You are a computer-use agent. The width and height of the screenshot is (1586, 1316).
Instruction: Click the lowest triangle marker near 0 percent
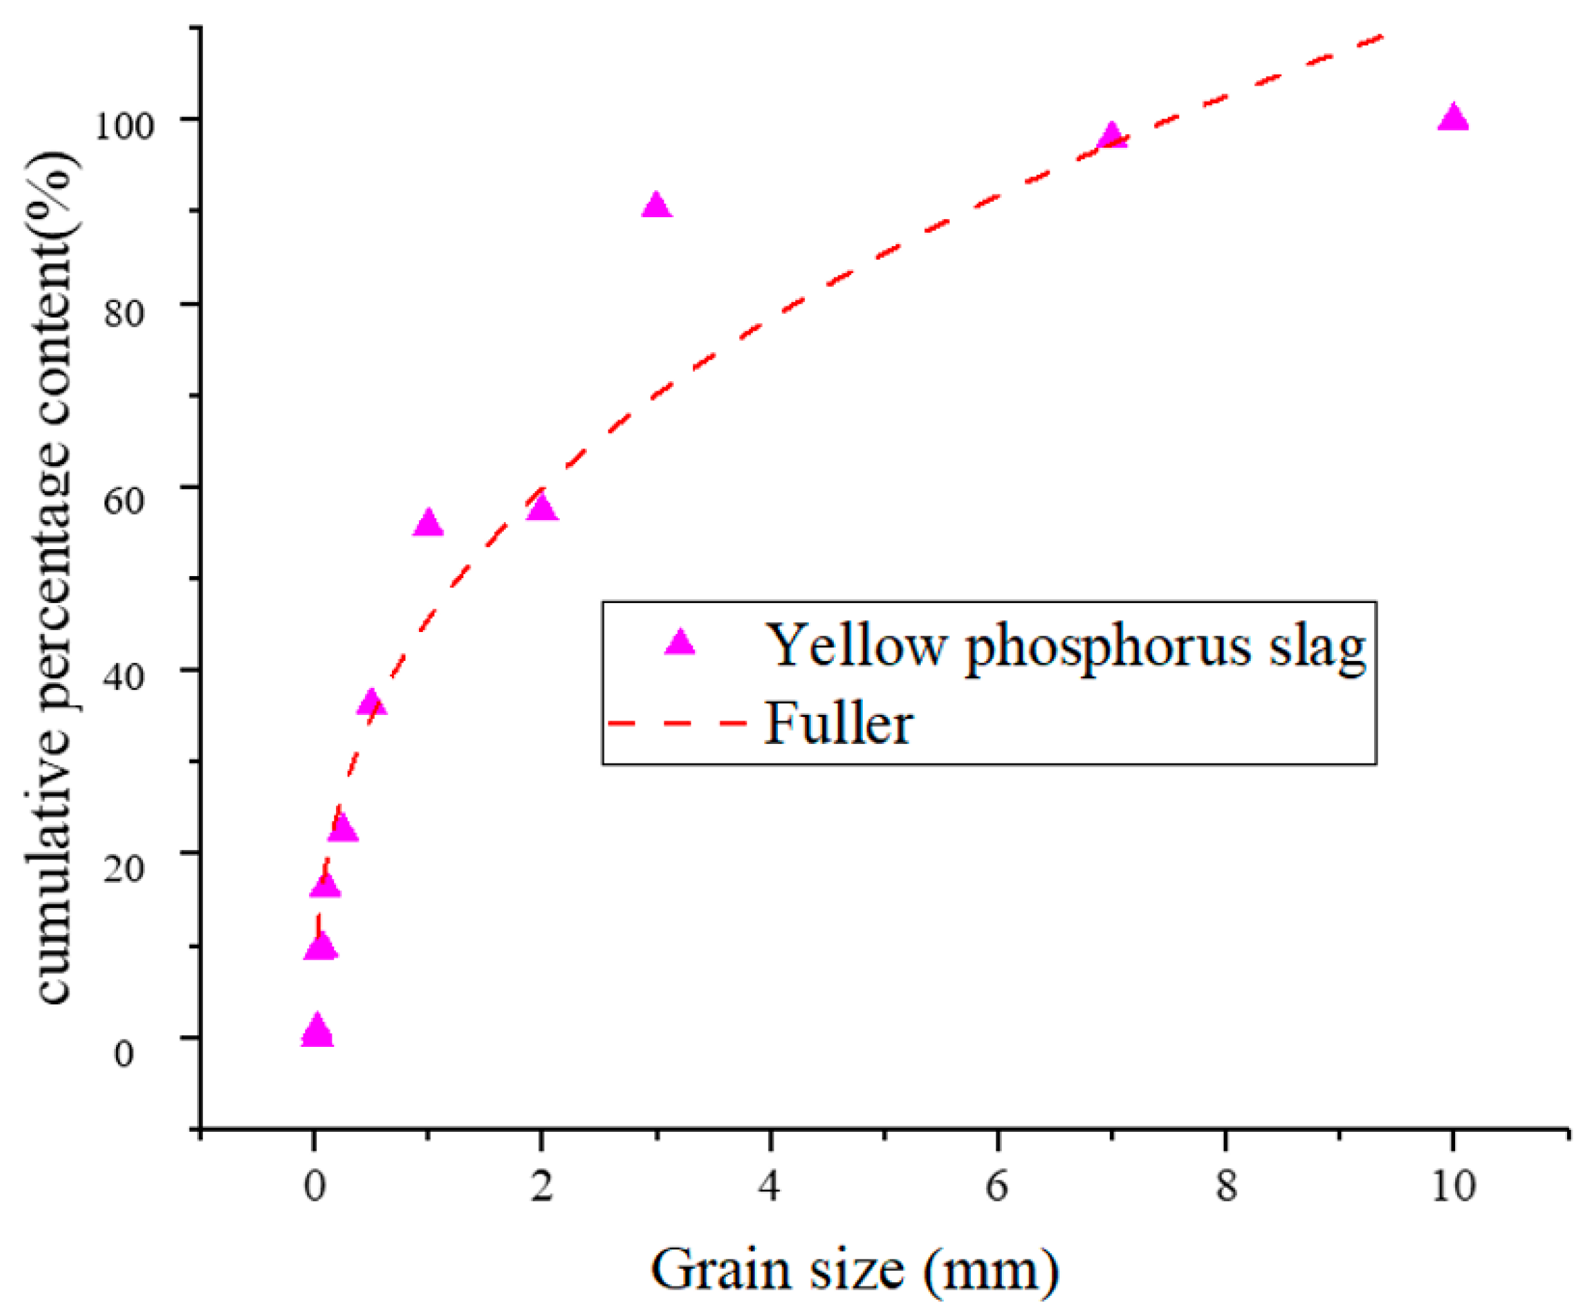316,1032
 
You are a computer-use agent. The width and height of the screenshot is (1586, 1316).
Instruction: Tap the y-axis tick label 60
124,499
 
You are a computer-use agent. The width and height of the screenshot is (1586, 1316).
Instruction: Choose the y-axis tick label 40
124,676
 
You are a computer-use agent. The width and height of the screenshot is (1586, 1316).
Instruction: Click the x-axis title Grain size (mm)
854,1271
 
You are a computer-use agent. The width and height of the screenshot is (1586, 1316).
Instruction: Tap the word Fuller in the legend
839,724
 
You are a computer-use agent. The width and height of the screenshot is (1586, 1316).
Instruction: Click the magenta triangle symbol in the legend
680,643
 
